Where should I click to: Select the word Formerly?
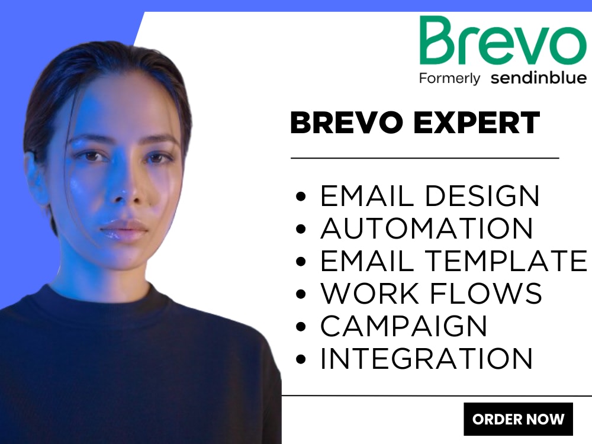tap(449, 78)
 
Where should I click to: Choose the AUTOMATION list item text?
tap(426, 229)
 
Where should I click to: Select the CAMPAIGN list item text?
tap(404, 326)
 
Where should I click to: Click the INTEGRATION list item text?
tap(426, 358)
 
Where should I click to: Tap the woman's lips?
tap(123, 228)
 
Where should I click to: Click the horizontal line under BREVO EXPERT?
tap(424, 158)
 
